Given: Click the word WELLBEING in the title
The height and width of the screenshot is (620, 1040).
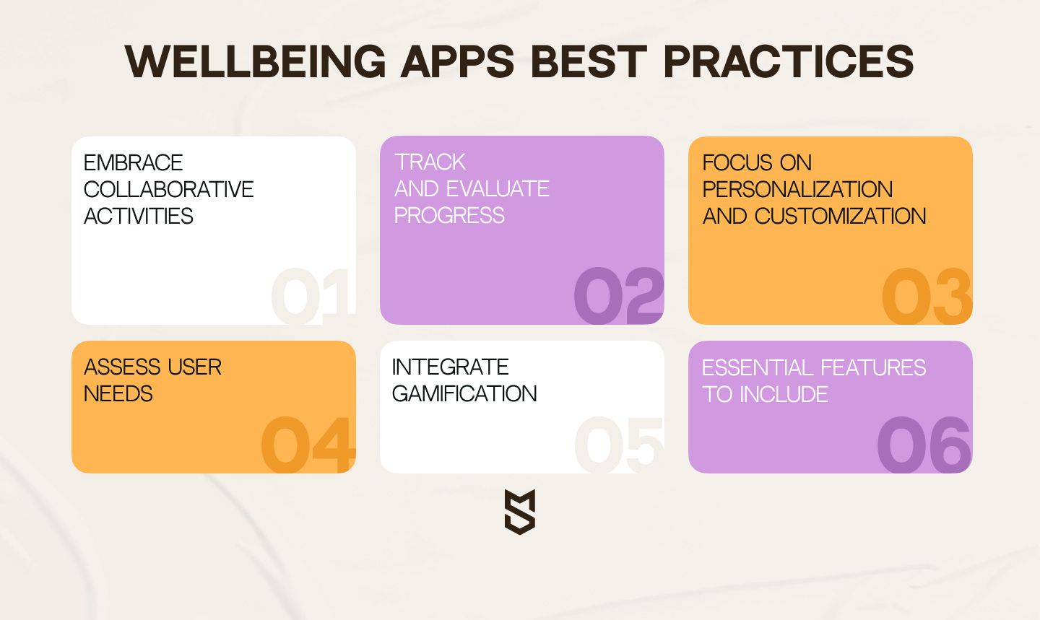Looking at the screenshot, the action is [x=256, y=61].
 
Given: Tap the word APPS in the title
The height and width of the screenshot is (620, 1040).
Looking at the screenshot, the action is [x=457, y=61].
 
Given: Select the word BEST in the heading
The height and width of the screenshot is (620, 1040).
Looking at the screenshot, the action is [x=589, y=61].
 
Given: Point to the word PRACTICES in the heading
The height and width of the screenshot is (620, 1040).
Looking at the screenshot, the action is [x=789, y=61].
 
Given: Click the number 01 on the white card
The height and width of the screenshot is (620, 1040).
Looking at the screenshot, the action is [x=312, y=296].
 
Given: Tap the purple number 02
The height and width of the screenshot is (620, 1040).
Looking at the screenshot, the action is [x=619, y=296].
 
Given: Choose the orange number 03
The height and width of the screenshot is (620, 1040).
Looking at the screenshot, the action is [x=927, y=296].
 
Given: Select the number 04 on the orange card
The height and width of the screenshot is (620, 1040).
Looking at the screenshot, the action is [x=308, y=445].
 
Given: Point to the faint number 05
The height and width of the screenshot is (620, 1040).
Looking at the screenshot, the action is [x=619, y=445].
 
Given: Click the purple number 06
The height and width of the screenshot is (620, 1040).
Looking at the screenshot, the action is [x=924, y=445].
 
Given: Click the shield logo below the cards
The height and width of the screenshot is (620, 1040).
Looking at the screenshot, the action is [x=520, y=512].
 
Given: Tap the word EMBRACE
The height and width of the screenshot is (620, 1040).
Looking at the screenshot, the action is [x=133, y=163].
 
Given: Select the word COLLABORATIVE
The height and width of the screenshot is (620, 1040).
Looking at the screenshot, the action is [x=168, y=189].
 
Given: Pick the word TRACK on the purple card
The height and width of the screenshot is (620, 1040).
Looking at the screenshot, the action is [x=430, y=162].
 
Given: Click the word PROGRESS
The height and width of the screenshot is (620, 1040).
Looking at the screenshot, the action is [x=449, y=215].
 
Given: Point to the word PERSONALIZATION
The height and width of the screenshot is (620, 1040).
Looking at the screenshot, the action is [x=797, y=189].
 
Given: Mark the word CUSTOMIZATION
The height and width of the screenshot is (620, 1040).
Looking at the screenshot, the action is [x=841, y=216].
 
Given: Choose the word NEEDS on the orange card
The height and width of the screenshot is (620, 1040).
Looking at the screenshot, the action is [x=118, y=394].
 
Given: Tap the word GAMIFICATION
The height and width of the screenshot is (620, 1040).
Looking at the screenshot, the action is [x=464, y=393].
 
